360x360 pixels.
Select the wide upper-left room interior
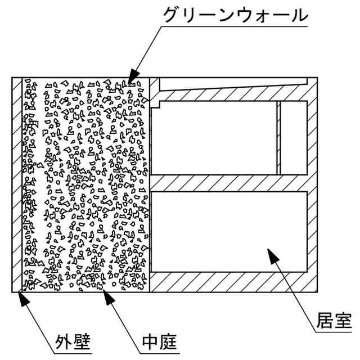(214, 138)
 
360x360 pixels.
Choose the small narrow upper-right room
(294, 137)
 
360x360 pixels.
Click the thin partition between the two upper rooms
(278, 138)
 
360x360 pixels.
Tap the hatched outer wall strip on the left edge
(16, 186)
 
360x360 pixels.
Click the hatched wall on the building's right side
(313, 186)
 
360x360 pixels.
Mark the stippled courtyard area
(84, 186)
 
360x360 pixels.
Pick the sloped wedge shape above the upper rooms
(225, 84)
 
